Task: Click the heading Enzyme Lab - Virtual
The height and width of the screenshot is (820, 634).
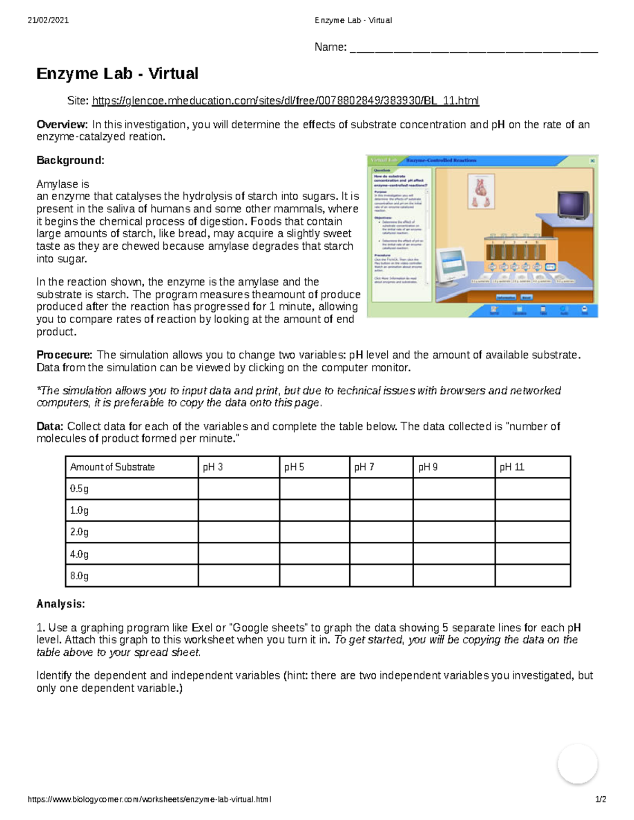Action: coord(117,73)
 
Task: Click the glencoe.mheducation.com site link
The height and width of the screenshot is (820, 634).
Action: coord(285,100)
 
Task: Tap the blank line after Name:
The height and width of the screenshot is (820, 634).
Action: coord(473,49)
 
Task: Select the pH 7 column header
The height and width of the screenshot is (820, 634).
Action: coord(364,467)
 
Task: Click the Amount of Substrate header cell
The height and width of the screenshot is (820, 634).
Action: coord(113,467)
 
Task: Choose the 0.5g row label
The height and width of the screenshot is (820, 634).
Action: coord(79,489)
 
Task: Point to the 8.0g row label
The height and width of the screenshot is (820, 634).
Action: coord(79,576)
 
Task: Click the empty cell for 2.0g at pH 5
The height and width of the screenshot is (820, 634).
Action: coord(314,532)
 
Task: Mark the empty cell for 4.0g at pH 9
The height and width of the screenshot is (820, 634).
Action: coord(454,554)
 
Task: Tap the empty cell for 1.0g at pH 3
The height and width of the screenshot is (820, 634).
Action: coord(239,511)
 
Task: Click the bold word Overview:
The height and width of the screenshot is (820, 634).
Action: coord(62,125)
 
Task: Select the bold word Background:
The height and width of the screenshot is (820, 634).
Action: coord(70,161)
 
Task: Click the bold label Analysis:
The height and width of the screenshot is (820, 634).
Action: coord(60,604)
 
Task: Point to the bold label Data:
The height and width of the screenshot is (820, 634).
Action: coord(50,427)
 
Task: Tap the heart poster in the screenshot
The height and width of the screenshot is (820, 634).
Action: coord(481,191)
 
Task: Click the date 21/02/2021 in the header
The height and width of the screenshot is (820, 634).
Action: coord(48,21)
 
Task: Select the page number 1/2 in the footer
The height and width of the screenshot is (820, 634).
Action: coord(600,799)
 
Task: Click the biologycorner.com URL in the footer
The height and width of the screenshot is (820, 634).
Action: coord(150,799)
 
